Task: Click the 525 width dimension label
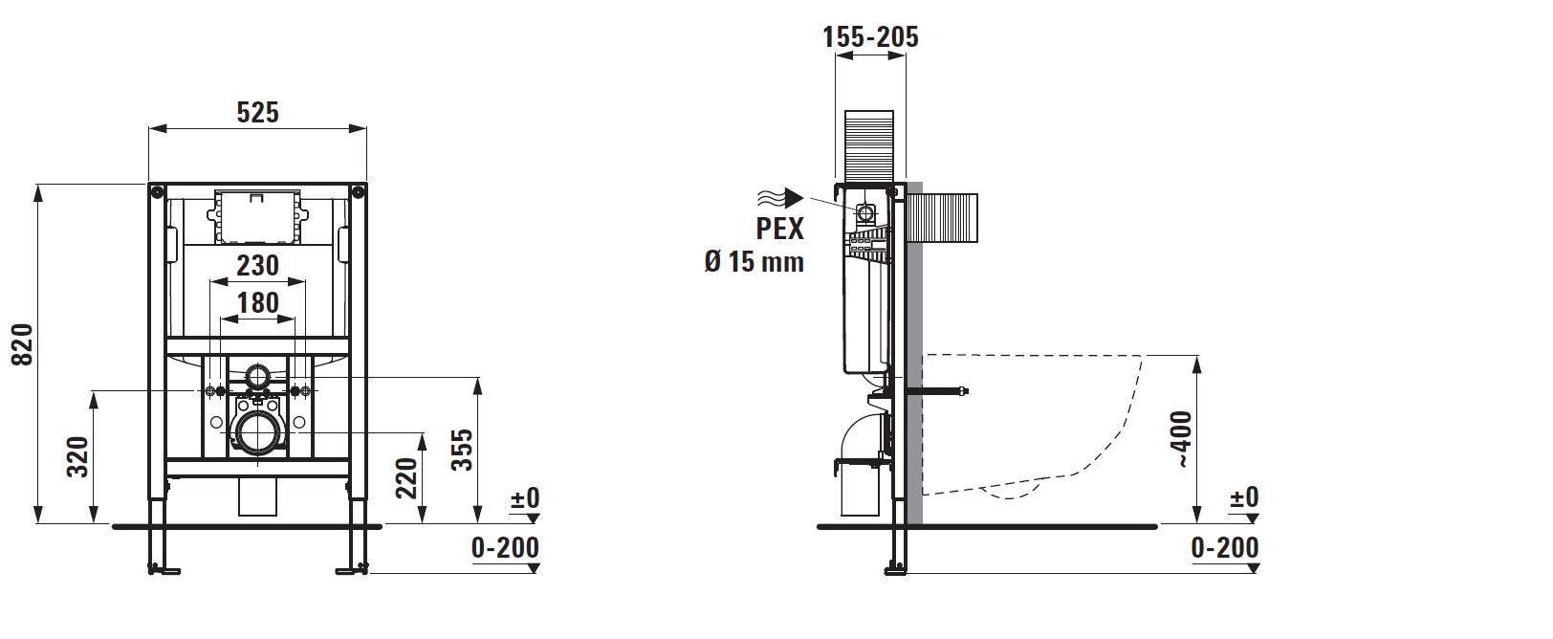pyautogui.click(x=257, y=112)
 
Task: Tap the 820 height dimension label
pyautogui.click(x=23, y=344)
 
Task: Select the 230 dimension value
pyautogui.click(x=258, y=266)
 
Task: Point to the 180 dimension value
pyautogui.click(x=258, y=303)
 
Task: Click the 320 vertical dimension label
pyautogui.click(x=78, y=456)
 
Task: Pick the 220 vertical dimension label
pyautogui.click(x=407, y=478)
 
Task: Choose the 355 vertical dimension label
pyautogui.click(x=462, y=451)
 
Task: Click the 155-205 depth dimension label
pyautogui.click(x=870, y=36)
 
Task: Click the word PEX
pyautogui.click(x=780, y=229)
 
